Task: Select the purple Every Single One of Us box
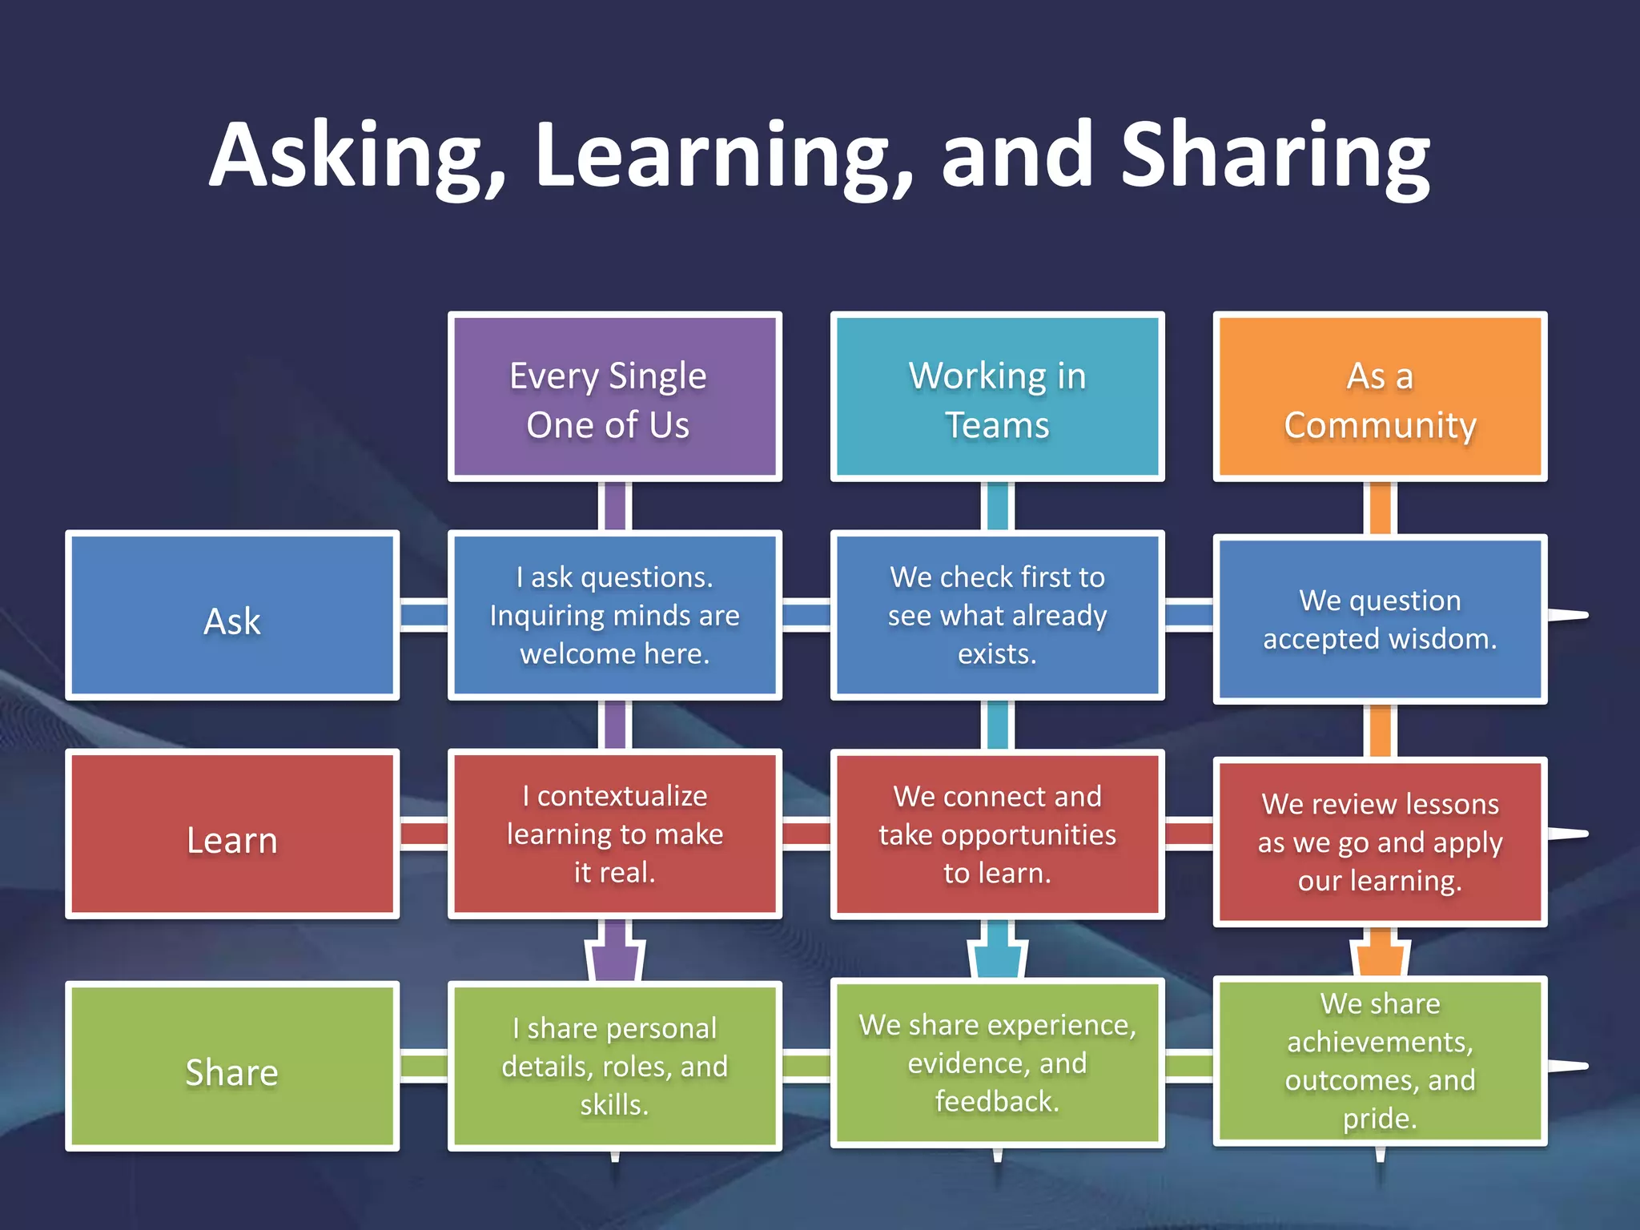click(x=614, y=397)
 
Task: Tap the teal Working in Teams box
click(x=997, y=397)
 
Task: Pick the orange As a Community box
click(x=1380, y=397)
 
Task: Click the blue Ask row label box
click(x=232, y=615)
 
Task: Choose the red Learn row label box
click(x=232, y=834)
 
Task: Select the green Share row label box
click(x=232, y=1066)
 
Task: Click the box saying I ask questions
click(x=614, y=615)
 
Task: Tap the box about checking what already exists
click(x=997, y=615)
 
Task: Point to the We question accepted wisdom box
click(x=1380, y=619)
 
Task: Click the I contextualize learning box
click(x=614, y=834)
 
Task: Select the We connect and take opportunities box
click(x=997, y=834)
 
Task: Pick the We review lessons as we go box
click(x=1380, y=842)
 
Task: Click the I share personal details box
click(x=614, y=1066)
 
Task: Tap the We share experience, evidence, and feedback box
click(x=997, y=1063)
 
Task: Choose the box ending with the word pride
click(x=1380, y=1060)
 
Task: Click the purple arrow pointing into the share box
click(x=615, y=953)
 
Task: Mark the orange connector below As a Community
click(x=1380, y=508)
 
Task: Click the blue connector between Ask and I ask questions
click(x=424, y=615)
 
